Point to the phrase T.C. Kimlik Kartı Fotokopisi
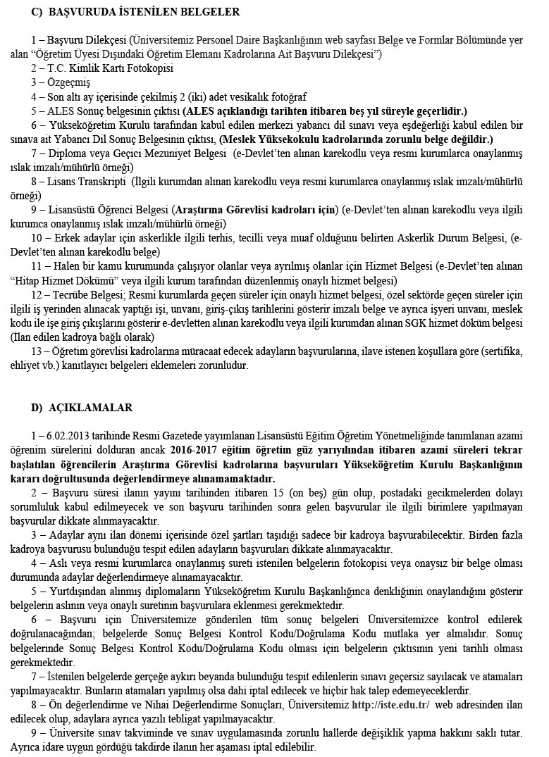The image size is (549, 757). [110, 68]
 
